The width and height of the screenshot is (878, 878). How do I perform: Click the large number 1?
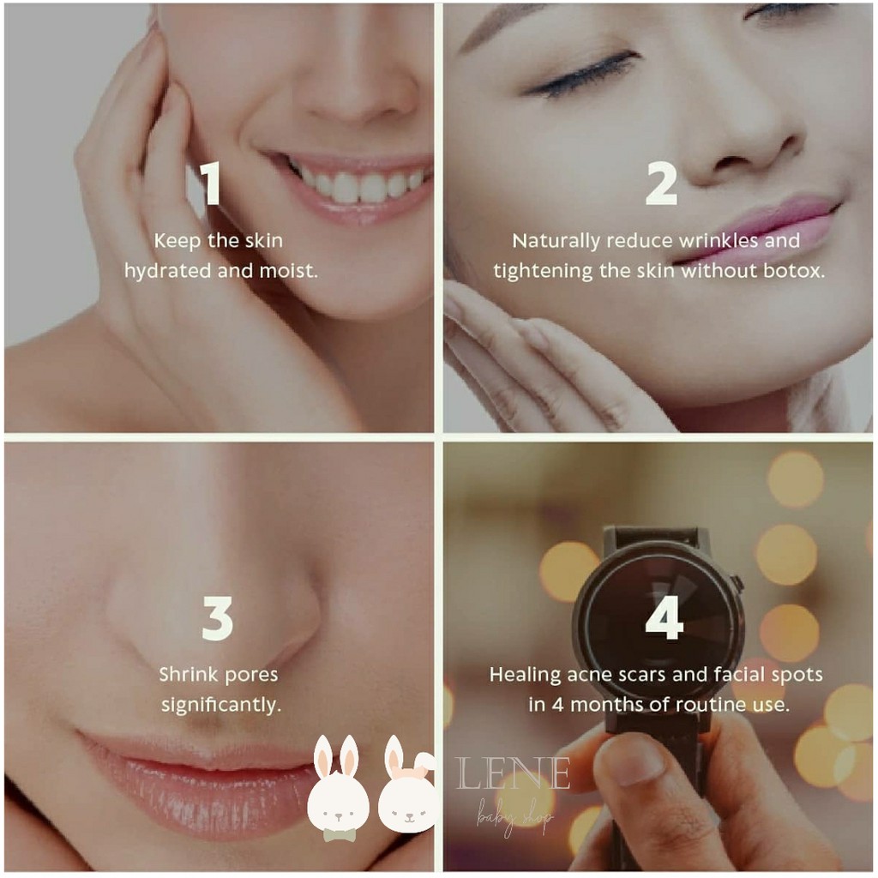click(211, 183)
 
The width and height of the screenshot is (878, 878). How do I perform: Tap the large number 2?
click(661, 183)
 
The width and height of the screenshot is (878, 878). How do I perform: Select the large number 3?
click(217, 618)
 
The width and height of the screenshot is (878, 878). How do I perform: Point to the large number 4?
click(665, 617)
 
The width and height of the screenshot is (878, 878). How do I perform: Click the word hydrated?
click(168, 271)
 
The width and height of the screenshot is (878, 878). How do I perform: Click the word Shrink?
click(188, 674)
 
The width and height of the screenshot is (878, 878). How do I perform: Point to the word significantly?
click(221, 705)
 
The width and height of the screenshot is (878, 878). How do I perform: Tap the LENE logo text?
click(513, 773)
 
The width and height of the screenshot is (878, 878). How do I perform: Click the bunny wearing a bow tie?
click(338, 789)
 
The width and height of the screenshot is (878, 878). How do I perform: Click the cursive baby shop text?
click(514, 818)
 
